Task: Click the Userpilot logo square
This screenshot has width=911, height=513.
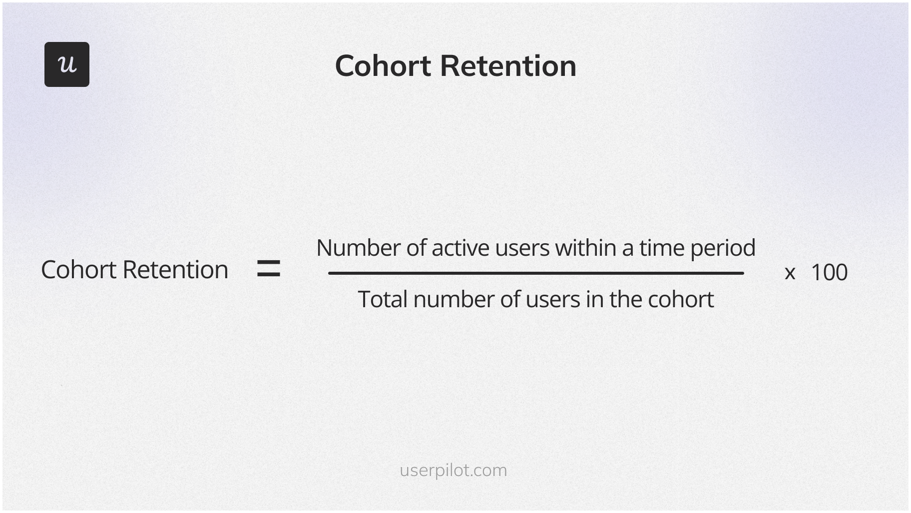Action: pyautogui.click(x=67, y=64)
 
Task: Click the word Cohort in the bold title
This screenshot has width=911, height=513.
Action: pyautogui.click(x=383, y=66)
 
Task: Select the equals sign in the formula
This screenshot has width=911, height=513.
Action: pyautogui.click(x=268, y=269)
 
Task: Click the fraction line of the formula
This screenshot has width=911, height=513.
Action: pyautogui.click(x=535, y=273)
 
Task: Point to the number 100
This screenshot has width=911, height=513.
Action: pyautogui.click(x=829, y=273)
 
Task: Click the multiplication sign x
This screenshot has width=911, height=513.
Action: pyautogui.click(x=790, y=273)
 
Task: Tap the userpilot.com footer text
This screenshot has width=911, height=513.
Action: pyautogui.click(x=453, y=471)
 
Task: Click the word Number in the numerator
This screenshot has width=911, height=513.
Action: pyautogui.click(x=358, y=248)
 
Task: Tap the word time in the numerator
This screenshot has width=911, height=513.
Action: pyautogui.click(x=661, y=248)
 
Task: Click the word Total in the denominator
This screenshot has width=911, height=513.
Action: pyautogui.click(x=383, y=300)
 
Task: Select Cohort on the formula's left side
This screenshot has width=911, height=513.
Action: pyautogui.click(x=79, y=270)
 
